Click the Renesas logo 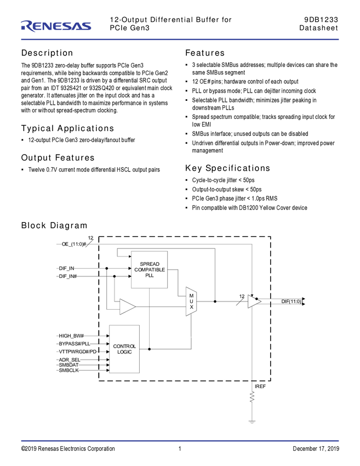[x=56, y=26]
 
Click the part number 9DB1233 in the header [x=321, y=20]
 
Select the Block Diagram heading [x=54, y=225]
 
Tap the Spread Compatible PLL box [x=150, y=270]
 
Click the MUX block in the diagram [x=191, y=302]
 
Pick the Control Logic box [x=124, y=349]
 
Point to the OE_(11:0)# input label [x=73, y=244]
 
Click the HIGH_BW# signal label [x=71, y=336]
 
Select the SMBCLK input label [x=68, y=370]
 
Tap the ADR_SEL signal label [x=70, y=360]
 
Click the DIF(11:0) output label [x=292, y=302]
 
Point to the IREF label [x=260, y=387]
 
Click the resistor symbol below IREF [x=252, y=397]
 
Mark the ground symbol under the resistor [x=252, y=422]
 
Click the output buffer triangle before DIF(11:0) [x=254, y=302]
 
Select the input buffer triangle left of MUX [x=128, y=306]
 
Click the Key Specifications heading [x=227, y=168]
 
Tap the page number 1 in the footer [x=180, y=448]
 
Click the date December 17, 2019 [x=316, y=448]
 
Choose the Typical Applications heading [x=67, y=128]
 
